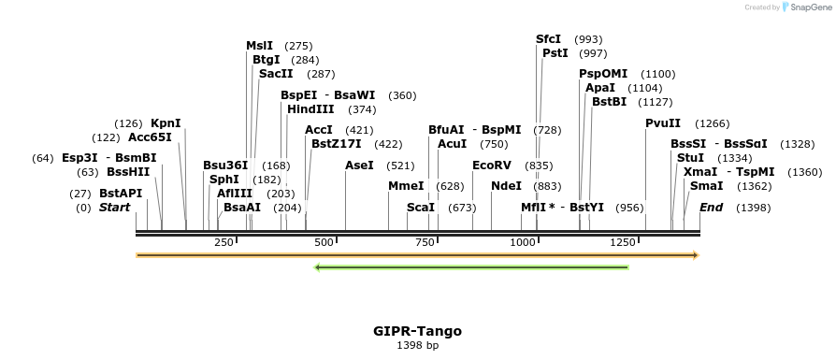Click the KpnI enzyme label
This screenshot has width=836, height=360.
pos(166,123)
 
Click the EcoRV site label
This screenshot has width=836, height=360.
pos(492,166)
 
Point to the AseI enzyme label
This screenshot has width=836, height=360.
pos(359,166)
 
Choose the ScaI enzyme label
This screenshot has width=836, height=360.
pos(421,208)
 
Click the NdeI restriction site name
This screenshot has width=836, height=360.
pos(506,186)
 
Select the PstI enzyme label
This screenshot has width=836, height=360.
pos(555,53)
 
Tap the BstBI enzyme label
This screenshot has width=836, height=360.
pos(610,102)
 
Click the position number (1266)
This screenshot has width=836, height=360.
pos(713,123)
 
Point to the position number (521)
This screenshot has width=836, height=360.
pos(400,166)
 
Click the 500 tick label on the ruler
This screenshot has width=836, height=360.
pos(324,243)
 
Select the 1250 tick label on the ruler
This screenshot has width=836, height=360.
pos(623,243)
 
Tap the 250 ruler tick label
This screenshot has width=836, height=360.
pos(223,243)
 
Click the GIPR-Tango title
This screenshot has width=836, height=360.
pos(417,331)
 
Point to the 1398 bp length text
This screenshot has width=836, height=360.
pos(417,346)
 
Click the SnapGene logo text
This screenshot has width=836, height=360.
pos(810,7)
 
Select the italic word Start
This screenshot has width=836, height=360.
pos(115,208)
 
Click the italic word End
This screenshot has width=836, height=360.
pos(711,208)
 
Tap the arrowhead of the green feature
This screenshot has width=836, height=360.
pos(318,267)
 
